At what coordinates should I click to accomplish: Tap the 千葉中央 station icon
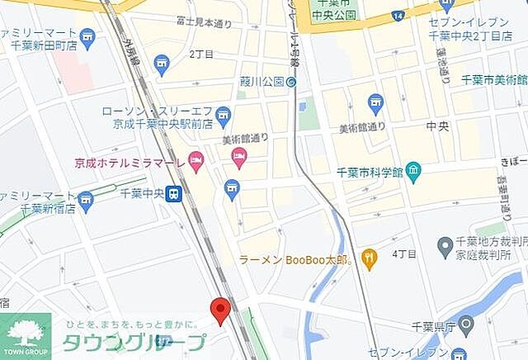(x=173, y=194)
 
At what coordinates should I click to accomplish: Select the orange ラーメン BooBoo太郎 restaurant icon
(x=368, y=259)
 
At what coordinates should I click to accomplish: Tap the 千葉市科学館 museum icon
(x=413, y=173)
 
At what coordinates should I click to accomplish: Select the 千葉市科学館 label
(x=369, y=173)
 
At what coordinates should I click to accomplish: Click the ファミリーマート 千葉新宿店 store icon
(x=85, y=199)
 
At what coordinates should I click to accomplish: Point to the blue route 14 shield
(x=399, y=16)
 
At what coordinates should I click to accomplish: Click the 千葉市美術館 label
(x=493, y=79)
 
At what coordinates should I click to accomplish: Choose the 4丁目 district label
(x=403, y=253)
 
